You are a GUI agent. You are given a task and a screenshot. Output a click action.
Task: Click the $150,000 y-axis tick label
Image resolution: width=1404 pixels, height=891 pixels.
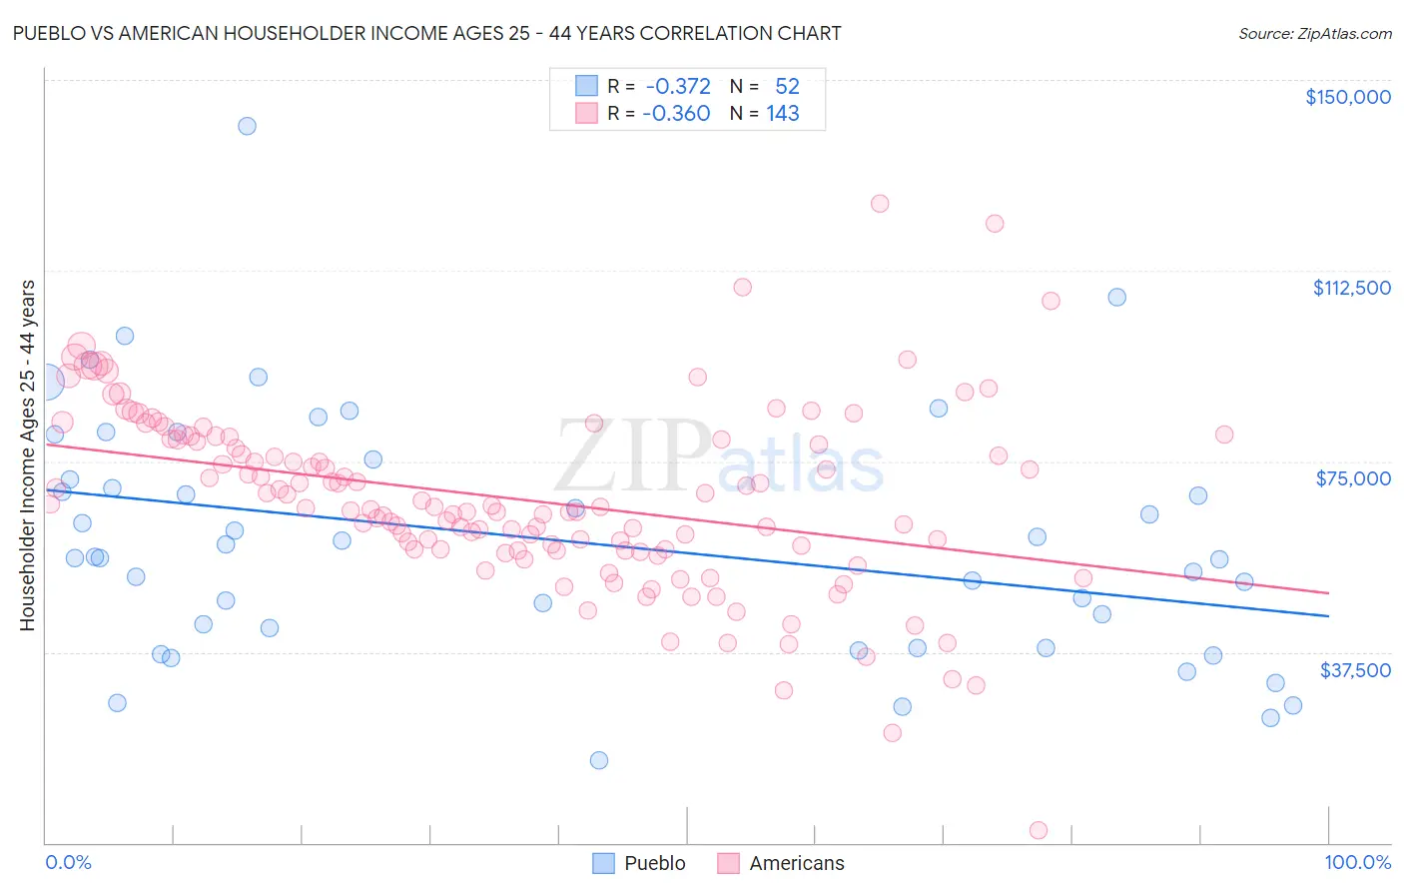pos(1347,97)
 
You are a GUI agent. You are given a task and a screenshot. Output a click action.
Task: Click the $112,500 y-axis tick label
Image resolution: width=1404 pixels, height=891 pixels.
pos(1351,288)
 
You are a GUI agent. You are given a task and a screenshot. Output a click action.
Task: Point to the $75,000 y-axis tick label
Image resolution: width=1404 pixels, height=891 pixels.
pos(1353,478)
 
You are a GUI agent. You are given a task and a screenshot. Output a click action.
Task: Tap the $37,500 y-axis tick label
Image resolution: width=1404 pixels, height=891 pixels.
pos(1355,669)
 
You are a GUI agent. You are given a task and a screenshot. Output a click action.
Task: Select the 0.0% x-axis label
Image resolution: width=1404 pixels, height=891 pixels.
pos(68,862)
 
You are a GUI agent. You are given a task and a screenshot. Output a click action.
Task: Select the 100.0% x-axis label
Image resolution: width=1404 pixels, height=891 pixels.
pos(1357,862)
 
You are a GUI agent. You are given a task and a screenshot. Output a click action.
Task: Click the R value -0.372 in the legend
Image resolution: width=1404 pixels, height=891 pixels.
pos(678,87)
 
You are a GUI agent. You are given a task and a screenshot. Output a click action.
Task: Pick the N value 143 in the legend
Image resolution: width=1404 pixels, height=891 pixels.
pos(783,114)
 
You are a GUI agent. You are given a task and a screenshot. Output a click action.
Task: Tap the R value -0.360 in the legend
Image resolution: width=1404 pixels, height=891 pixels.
pos(676,114)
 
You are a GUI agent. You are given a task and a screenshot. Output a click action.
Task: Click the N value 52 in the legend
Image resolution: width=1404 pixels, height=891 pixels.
pos(787,87)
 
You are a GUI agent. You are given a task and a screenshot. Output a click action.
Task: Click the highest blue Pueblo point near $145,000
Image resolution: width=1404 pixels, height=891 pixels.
pos(247,126)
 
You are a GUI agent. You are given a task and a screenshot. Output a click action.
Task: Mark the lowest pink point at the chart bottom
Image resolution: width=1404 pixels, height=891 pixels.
pos(1039,830)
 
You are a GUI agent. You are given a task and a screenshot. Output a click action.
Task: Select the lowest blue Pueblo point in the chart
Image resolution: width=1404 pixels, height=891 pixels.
pos(599,760)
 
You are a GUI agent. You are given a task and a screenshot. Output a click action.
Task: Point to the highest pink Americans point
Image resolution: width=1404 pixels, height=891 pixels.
pos(880,204)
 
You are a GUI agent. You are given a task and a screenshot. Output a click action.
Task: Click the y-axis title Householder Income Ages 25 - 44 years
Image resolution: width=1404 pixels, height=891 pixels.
pos(28,455)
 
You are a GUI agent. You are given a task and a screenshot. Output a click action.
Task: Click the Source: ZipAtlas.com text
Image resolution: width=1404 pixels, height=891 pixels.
pos(1314,34)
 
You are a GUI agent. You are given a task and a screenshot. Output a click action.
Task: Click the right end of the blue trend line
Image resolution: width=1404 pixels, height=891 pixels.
pos(1328,616)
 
